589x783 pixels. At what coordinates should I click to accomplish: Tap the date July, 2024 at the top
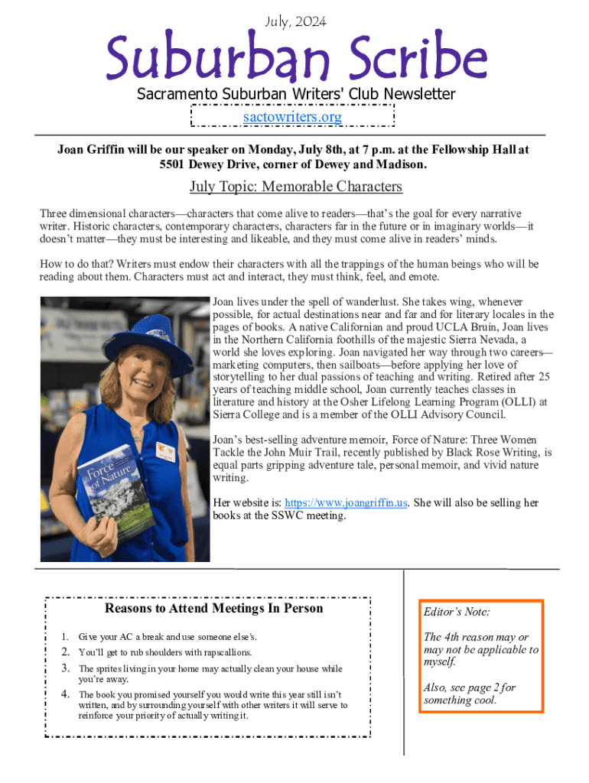point(294,22)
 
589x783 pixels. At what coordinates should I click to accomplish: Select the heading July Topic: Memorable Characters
point(295,187)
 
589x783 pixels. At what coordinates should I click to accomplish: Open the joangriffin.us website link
point(346,502)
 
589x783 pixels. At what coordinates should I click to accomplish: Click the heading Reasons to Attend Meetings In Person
point(213,609)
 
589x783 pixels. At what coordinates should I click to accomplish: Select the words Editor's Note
point(457,612)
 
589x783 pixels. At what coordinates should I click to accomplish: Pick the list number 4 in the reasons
point(66,694)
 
